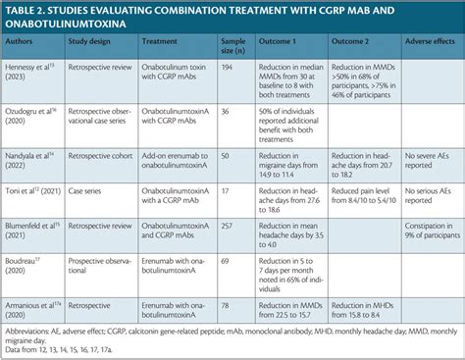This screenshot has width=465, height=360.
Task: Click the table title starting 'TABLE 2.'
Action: (x=196, y=19)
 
